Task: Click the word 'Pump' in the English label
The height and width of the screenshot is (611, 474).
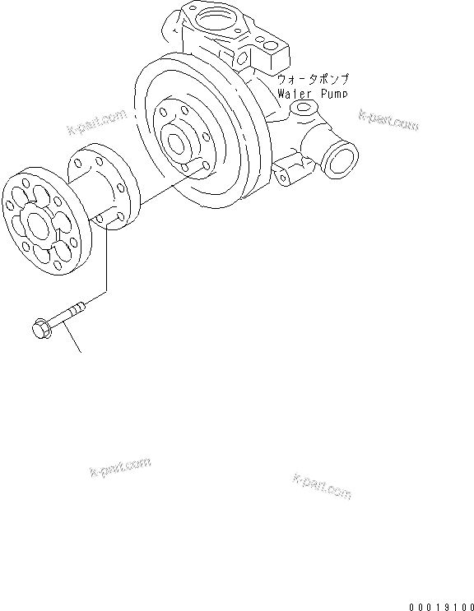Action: [x=328, y=93]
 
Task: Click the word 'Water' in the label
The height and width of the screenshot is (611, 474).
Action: [x=292, y=93]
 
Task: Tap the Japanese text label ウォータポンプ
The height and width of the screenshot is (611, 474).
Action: [x=314, y=79]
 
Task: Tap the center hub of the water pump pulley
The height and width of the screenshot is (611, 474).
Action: [x=177, y=142]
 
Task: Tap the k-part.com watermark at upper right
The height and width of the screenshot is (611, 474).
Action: [x=388, y=121]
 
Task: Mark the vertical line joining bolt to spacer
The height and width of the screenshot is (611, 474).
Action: [x=107, y=263]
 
